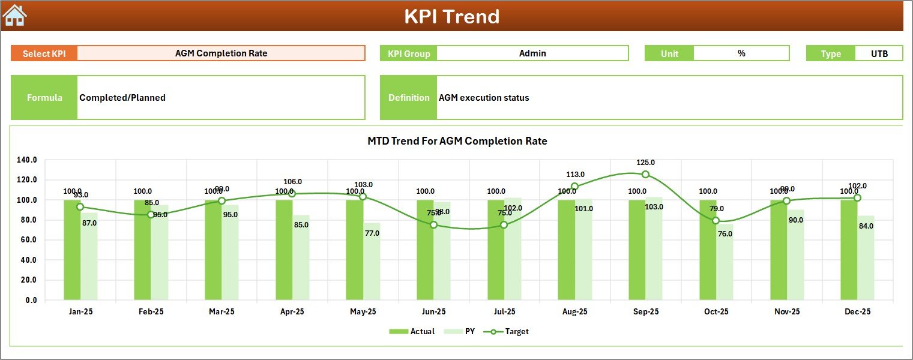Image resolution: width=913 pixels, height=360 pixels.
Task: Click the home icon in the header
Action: tap(14, 16)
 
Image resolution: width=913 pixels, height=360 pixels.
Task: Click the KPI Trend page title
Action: tap(451, 16)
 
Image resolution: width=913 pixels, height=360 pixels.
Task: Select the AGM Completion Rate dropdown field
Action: tap(221, 53)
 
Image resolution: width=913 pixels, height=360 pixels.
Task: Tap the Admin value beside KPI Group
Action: tap(532, 53)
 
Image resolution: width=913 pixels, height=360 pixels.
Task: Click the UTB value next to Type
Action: tap(879, 53)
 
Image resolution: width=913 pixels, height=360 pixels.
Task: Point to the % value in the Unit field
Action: tap(741, 53)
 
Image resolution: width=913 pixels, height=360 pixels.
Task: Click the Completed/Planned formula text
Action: tap(122, 98)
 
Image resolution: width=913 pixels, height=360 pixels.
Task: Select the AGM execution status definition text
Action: tap(484, 98)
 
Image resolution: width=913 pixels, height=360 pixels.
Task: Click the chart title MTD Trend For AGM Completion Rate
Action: tap(457, 141)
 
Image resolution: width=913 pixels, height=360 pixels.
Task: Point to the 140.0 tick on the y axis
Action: tap(27, 160)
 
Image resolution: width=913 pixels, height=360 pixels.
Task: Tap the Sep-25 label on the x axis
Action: tap(645, 312)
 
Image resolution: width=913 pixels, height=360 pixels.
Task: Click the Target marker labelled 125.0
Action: tap(645, 175)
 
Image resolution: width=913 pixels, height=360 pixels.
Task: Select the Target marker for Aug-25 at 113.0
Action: tap(574, 187)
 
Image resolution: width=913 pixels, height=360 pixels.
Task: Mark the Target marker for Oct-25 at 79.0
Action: tap(716, 221)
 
